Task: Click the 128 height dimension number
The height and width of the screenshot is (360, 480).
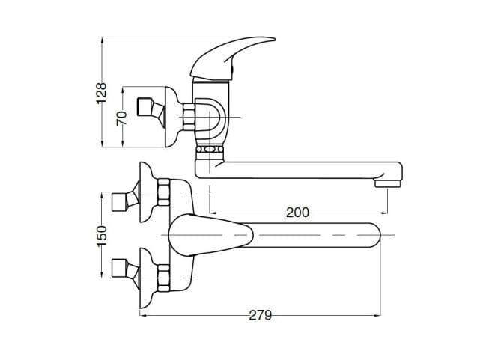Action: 103,92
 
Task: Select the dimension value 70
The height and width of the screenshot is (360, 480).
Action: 122,118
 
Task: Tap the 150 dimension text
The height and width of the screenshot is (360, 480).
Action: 103,234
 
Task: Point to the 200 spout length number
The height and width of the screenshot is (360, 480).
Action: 297,213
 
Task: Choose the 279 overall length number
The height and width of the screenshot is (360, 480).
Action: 260,315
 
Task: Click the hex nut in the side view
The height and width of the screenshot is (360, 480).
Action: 189,118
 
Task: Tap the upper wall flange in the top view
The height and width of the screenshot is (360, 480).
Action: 147,180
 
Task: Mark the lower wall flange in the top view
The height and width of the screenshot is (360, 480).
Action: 147,291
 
